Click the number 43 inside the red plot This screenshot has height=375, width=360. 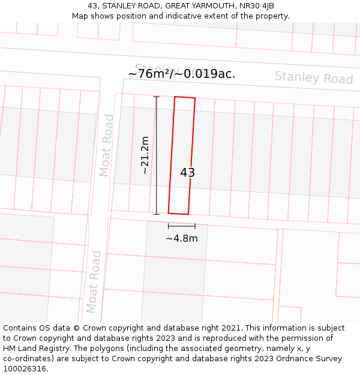pos(187,173)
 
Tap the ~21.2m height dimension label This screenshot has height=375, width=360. pos(145,155)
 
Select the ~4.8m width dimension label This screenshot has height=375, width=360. pos(181,238)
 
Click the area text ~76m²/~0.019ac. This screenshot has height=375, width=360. pos(181,74)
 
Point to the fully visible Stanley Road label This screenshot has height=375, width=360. pos(314,78)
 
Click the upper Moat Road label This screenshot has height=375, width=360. pos(106,145)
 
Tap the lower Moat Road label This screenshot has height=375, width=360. pos(93,282)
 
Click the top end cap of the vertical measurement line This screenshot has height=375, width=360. pos(156,97)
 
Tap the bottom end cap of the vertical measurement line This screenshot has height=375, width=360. pos(156,214)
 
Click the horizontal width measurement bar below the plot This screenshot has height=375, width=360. pos(181,226)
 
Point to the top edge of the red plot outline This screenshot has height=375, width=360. pos(185,97)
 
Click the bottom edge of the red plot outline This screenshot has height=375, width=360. pos(178,213)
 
